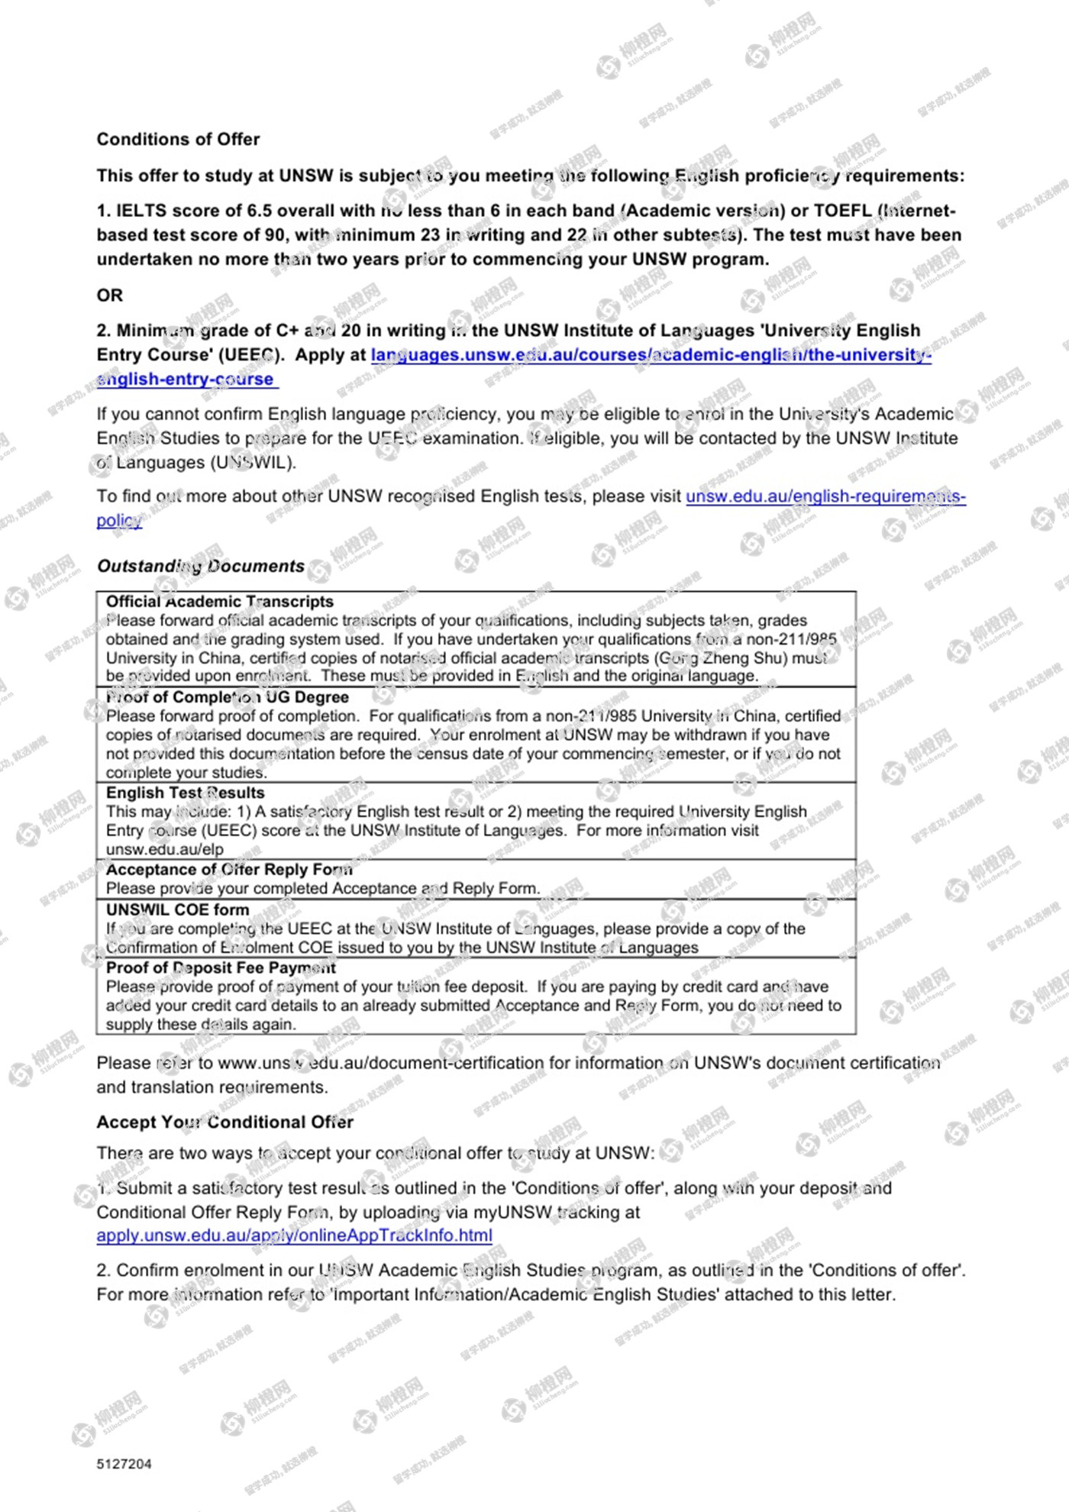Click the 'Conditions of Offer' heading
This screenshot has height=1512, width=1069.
178,139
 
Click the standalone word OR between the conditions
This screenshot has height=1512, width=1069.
109,295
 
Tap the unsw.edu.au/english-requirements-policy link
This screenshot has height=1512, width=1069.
825,496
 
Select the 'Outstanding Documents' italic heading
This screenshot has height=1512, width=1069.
200,566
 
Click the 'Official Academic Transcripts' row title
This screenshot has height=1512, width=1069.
220,602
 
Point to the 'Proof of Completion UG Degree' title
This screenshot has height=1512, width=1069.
227,697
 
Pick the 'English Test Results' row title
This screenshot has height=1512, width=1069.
185,793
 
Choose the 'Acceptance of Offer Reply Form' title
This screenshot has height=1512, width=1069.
229,869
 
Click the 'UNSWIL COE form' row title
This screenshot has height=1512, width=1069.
177,909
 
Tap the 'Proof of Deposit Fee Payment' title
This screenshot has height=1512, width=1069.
221,968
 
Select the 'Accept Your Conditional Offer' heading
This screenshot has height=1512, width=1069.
224,1122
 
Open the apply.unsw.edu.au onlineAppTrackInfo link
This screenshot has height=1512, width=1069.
294,1236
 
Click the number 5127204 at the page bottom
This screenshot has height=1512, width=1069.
124,1464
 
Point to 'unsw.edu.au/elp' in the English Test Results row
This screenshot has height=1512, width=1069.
164,849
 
